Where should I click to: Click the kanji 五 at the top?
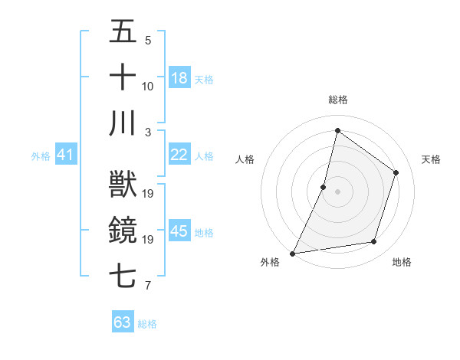point(123,33)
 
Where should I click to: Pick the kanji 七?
point(123,277)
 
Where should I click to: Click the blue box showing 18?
point(179,78)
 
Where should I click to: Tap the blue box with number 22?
point(179,155)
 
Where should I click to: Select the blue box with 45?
point(179,231)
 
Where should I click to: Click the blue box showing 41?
point(65,155)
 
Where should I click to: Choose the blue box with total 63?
point(123,322)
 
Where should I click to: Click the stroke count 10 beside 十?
point(148,87)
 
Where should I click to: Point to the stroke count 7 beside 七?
point(148,286)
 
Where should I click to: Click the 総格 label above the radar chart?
point(338,100)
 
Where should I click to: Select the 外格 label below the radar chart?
point(270,263)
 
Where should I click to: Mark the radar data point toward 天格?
point(396,173)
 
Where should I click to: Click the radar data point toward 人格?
point(324,187)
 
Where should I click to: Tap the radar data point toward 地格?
point(374,242)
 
